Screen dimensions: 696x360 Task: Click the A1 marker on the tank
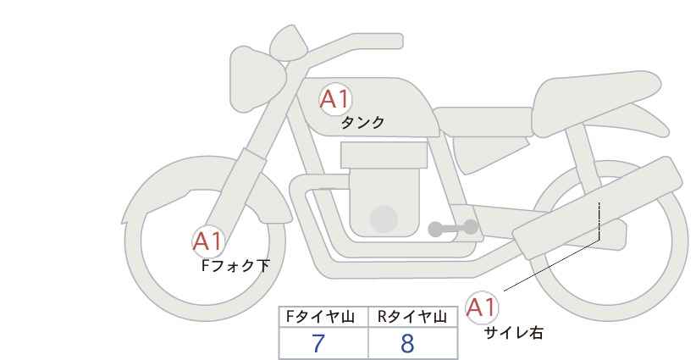click(x=334, y=99)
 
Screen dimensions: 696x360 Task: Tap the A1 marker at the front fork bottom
click(x=207, y=242)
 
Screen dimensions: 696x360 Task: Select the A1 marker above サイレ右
click(x=481, y=307)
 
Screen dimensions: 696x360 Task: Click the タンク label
click(x=362, y=123)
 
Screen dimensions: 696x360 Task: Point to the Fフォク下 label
click(x=235, y=265)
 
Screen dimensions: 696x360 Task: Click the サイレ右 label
click(x=513, y=333)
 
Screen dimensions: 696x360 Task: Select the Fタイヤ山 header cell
click(x=323, y=317)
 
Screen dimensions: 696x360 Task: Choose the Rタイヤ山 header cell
click(x=413, y=317)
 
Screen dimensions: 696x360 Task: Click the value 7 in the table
click(x=318, y=343)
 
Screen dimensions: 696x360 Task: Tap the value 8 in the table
click(x=407, y=343)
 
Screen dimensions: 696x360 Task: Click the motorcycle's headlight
click(x=257, y=79)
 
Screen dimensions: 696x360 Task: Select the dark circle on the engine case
click(x=384, y=219)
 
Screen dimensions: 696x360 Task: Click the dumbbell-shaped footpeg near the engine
click(x=453, y=228)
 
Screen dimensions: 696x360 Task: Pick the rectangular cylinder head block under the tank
click(x=384, y=155)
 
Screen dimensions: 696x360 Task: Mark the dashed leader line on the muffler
click(x=599, y=220)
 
